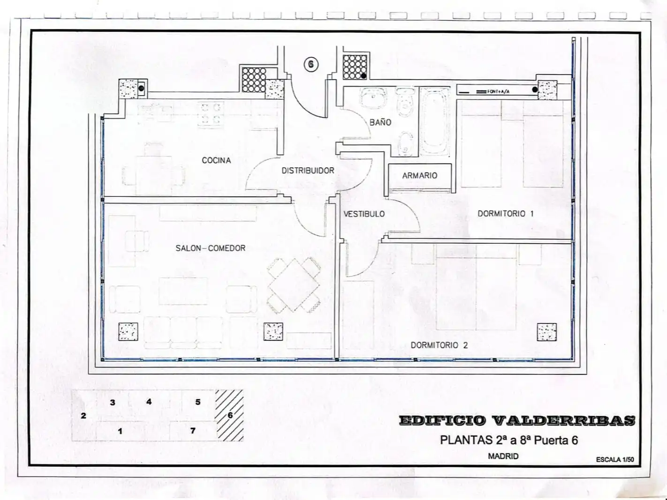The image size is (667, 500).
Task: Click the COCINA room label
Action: coord(216,160)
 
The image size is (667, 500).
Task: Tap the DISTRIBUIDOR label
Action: coord(308,171)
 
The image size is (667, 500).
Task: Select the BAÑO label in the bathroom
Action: coord(380,122)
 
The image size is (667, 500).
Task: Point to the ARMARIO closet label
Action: coord(420,175)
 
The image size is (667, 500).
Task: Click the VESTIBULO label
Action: coord(364,214)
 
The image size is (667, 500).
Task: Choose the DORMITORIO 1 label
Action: coord(506,214)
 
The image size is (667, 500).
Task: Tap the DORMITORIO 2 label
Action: coord(439,345)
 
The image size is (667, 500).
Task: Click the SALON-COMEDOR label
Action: coord(210,248)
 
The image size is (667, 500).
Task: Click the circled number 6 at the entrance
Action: coord(311,65)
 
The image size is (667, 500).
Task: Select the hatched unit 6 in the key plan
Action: coord(229,415)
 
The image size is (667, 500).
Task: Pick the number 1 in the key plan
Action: coord(120,431)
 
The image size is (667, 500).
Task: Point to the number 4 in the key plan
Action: coord(149,402)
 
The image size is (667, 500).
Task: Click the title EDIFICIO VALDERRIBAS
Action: coord(517,420)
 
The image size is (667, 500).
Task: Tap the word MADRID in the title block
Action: coord(503,456)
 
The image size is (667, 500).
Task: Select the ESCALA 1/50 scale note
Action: coord(615,460)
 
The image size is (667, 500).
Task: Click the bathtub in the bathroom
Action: coord(435,122)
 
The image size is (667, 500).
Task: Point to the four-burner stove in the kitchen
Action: coord(211,114)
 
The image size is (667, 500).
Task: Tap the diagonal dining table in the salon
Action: coord(294,285)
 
